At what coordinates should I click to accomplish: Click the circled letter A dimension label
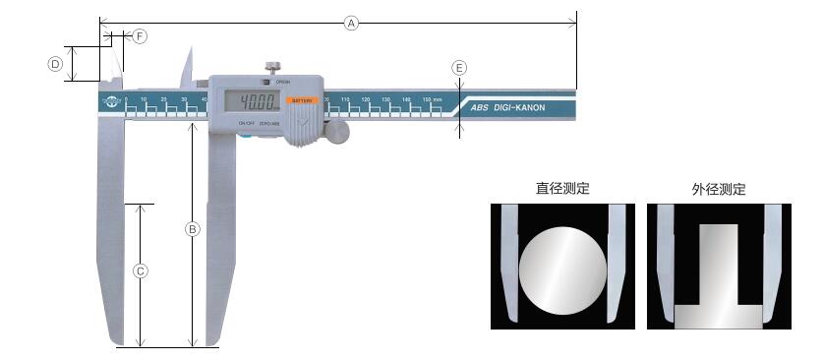click(351, 23)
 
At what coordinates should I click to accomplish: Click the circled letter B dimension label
click(193, 229)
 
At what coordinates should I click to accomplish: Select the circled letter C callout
click(141, 270)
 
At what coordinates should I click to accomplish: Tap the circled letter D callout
click(56, 64)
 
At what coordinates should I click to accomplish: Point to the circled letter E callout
click(459, 68)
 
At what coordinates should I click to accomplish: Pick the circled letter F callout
click(140, 35)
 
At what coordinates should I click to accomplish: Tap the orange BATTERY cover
click(301, 100)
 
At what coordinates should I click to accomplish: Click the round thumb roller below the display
click(337, 131)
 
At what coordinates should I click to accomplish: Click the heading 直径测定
click(562, 189)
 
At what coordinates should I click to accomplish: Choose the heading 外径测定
click(719, 189)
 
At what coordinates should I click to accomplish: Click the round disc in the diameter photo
click(562, 269)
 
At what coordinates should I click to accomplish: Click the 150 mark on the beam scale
click(429, 100)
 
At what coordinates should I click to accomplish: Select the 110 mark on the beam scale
click(345, 100)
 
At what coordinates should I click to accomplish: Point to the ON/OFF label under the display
click(246, 123)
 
